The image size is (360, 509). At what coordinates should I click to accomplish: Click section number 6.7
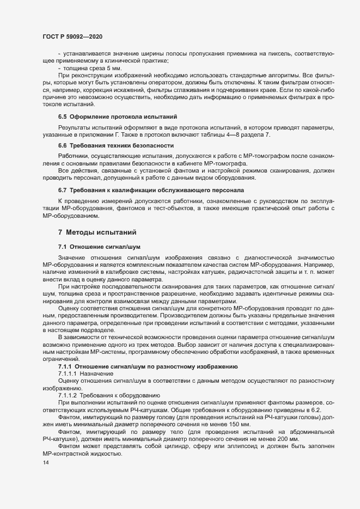point(62,190)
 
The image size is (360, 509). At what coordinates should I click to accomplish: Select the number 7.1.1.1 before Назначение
point(67,375)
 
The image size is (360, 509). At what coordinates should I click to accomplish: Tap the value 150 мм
point(238,424)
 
